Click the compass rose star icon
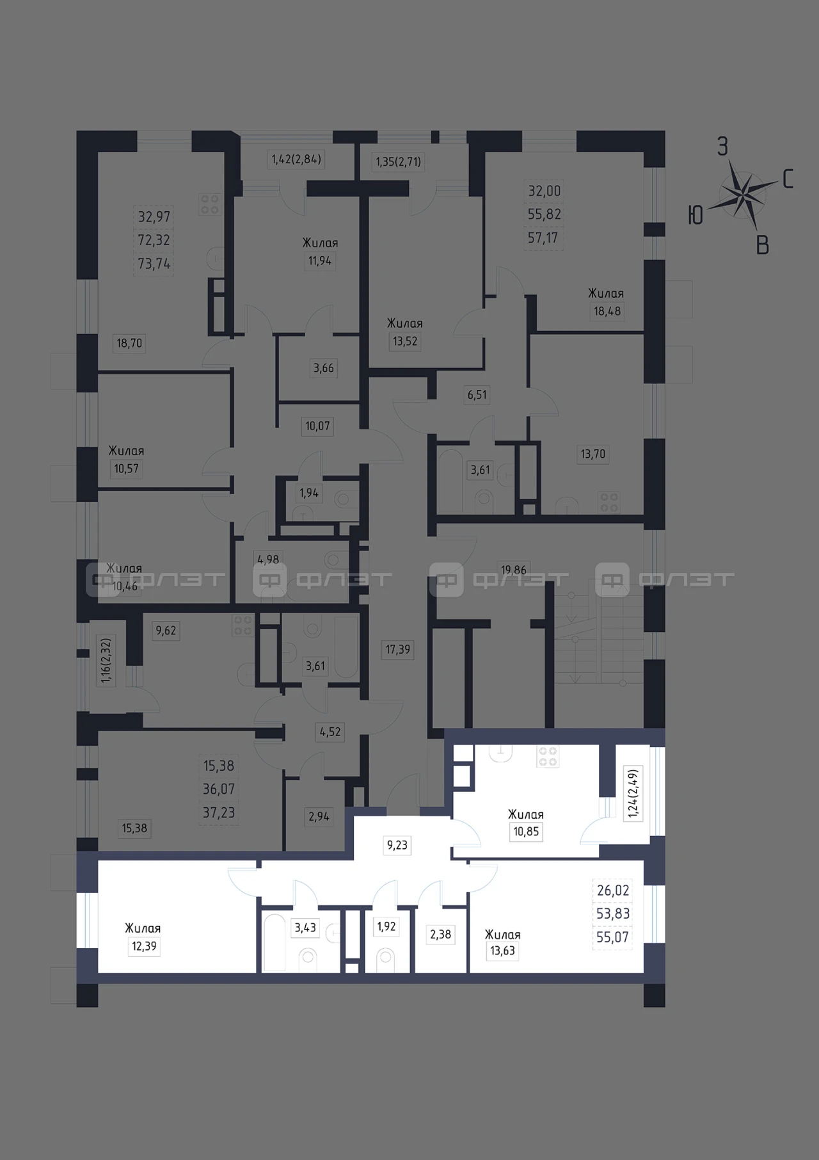(x=741, y=193)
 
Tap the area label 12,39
(x=144, y=946)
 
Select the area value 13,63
(x=502, y=951)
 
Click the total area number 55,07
(x=613, y=937)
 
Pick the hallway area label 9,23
(x=397, y=845)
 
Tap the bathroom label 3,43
(x=305, y=927)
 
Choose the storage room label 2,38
(x=440, y=935)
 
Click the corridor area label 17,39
(x=397, y=649)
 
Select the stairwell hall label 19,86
(x=514, y=570)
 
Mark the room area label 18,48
(x=607, y=311)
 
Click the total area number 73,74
(x=154, y=264)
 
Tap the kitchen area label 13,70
(x=592, y=455)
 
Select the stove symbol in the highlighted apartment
(x=548, y=757)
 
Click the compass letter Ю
(x=696, y=215)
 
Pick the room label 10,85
(x=526, y=832)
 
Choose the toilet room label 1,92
(x=386, y=927)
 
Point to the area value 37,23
(x=219, y=813)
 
